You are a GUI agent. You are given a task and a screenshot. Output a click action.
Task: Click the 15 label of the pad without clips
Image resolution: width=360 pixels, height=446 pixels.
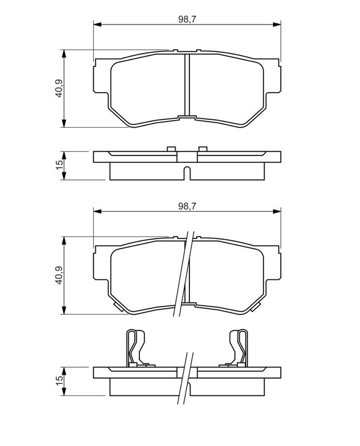[59, 166]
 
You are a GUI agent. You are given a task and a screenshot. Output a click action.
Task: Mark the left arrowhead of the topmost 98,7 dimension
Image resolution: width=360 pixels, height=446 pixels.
[97, 25]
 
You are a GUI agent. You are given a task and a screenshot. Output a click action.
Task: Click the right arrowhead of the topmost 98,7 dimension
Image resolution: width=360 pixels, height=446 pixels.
[277, 25]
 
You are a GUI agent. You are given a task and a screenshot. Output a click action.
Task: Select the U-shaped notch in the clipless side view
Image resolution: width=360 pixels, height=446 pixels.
[187, 172]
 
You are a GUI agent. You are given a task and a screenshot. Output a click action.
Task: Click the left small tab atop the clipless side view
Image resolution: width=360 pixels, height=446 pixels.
[172, 148]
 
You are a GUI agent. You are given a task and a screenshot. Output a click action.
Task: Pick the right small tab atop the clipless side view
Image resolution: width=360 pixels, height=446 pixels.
[202, 148]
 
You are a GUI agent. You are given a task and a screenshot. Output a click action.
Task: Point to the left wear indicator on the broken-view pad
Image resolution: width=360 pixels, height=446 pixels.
[118, 306]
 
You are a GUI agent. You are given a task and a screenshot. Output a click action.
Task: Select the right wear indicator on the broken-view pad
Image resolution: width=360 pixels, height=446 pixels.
[257, 306]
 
